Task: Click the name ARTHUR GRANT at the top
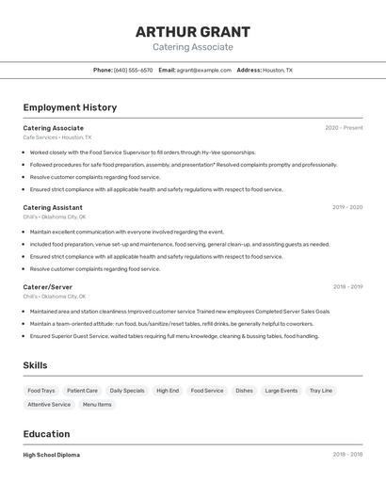pos(193,31)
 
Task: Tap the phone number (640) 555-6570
pos(133,70)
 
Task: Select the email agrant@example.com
pos(203,70)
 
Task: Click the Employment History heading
pos(70,107)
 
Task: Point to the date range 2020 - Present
pos(344,128)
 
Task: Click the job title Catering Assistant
pos(53,207)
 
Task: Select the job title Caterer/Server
pos(47,287)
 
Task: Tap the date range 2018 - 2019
pos(347,287)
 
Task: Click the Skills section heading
pos(35,365)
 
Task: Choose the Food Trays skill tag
pos(41,391)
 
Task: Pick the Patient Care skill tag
pos(82,391)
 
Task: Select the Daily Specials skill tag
pos(127,391)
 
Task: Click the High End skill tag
pos(168,391)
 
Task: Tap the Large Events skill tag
pos(281,391)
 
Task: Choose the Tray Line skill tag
pos(321,391)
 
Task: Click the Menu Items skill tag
pos(97,405)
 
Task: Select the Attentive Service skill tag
pos(49,405)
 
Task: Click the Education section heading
pos(46,434)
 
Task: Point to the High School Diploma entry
pos(51,455)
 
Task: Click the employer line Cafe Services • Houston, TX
pos(57,137)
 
